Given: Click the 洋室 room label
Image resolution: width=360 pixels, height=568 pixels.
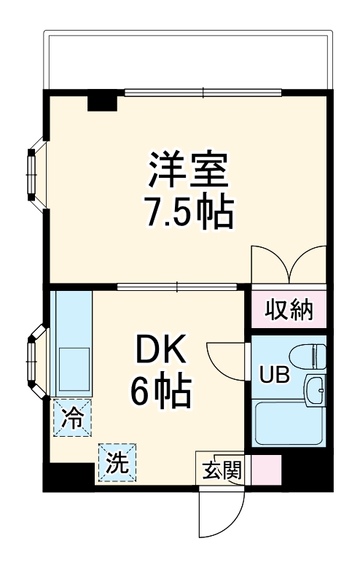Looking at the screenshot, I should point(189,170).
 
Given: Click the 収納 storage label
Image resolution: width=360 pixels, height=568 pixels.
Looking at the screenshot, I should point(289,311).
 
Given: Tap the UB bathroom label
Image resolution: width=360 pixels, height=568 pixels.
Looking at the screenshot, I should point(276,376).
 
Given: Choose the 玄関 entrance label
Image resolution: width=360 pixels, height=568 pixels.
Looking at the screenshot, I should point(222,470).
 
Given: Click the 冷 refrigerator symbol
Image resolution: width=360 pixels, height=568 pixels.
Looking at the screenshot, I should point(72,418).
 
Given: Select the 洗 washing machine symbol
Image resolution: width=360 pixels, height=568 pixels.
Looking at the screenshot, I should point(117,462).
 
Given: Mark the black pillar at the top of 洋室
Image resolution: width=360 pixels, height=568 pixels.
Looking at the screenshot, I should point(102,101).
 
